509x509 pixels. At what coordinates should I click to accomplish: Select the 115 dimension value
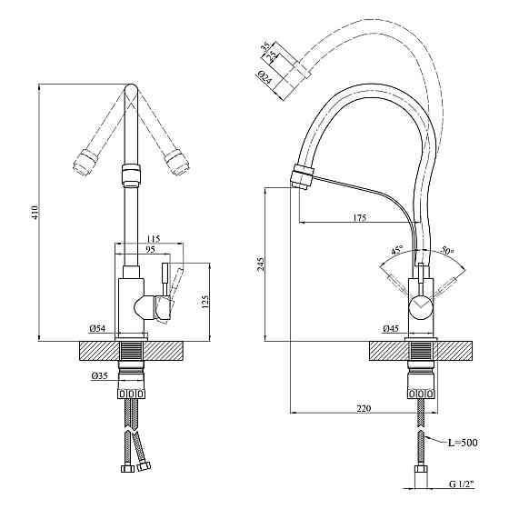[154, 240]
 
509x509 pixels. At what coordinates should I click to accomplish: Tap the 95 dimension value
[150, 249]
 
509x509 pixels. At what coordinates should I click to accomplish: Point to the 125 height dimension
[205, 302]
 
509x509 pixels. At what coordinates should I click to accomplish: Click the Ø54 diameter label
[97, 329]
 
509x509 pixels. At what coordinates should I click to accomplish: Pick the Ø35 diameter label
[99, 376]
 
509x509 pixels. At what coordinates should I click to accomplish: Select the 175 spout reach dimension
[359, 217]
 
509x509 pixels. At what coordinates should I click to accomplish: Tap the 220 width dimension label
[364, 408]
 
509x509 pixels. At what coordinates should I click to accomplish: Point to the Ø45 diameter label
[391, 329]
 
